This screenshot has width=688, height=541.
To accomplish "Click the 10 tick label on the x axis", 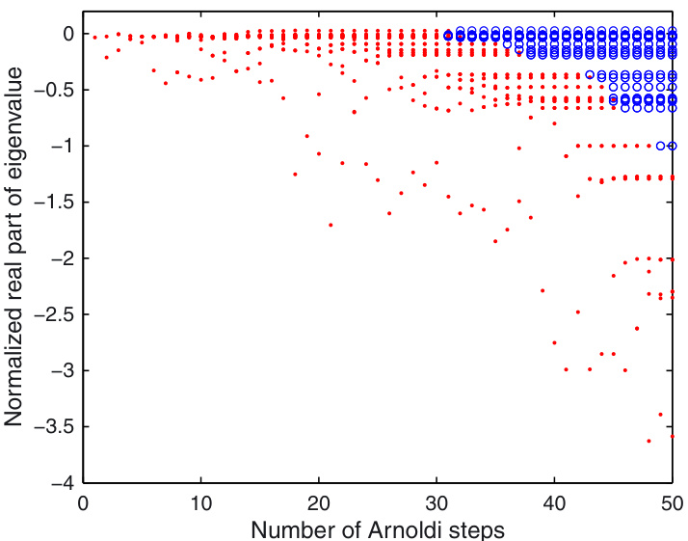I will click(201, 502).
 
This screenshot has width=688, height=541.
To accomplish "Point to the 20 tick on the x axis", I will click(319, 502).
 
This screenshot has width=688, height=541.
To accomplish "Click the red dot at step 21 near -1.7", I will click(331, 225).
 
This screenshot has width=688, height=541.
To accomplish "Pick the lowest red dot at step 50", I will click(672, 437).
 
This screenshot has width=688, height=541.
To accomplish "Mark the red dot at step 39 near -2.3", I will click(542, 290).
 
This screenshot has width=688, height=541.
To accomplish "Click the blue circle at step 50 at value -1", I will click(672, 146).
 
